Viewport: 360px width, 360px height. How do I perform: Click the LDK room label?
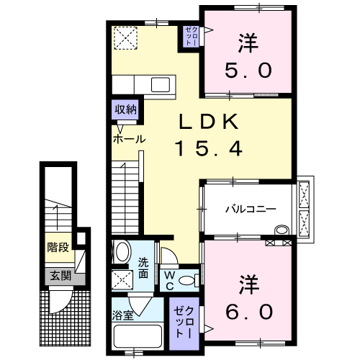click(x=209, y=122)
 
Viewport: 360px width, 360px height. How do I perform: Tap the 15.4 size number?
click(x=209, y=148)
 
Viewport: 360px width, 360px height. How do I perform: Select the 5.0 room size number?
click(x=248, y=71)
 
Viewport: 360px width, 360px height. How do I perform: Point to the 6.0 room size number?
click(x=249, y=312)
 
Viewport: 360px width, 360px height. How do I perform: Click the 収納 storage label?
click(x=125, y=109)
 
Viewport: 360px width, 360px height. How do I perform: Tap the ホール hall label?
click(x=129, y=139)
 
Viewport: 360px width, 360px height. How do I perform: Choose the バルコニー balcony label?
click(x=251, y=209)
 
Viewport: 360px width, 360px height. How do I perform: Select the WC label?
click(x=169, y=280)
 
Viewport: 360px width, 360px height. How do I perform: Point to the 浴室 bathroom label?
click(x=122, y=315)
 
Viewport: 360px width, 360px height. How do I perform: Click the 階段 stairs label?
click(x=58, y=248)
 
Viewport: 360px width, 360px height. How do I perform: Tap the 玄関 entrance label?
click(x=60, y=276)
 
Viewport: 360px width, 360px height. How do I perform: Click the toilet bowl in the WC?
click(x=186, y=281)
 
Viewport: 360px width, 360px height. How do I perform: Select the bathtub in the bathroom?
click(x=138, y=336)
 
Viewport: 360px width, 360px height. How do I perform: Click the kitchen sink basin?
click(x=161, y=85)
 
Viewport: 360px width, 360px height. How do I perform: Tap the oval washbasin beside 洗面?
click(x=123, y=251)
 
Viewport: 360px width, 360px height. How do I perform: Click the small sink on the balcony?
click(x=282, y=230)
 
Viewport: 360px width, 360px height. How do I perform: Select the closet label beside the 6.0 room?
click(x=184, y=323)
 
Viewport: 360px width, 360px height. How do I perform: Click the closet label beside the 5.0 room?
click(x=192, y=37)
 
